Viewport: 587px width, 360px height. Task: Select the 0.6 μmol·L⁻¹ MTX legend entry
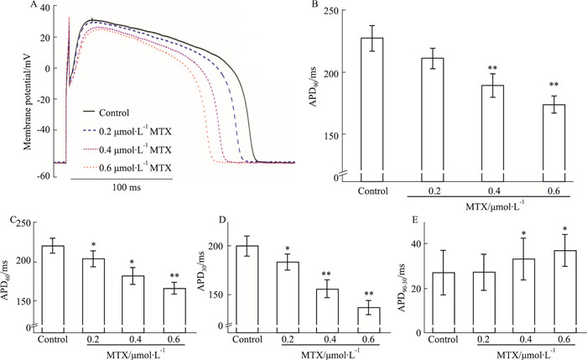(127, 168)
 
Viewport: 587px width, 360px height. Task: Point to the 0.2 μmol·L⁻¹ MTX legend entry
(127, 130)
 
